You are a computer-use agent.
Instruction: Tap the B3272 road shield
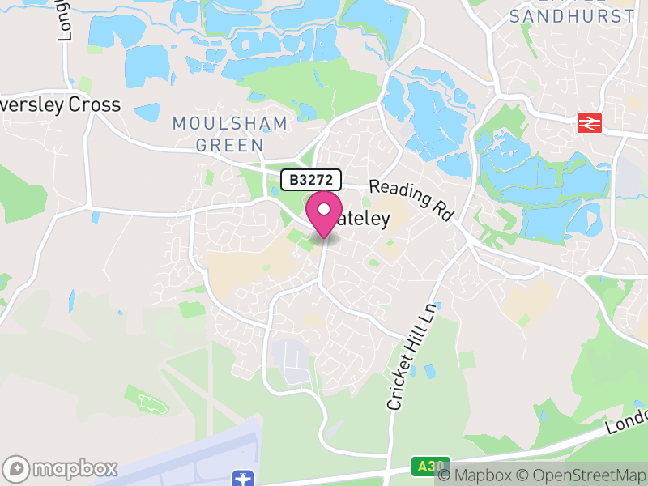click(x=311, y=180)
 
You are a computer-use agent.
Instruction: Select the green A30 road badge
click(x=424, y=467)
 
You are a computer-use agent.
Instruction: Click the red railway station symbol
click(x=589, y=123)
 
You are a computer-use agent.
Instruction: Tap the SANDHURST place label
click(x=573, y=16)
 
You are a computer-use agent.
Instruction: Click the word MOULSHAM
click(x=230, y=124)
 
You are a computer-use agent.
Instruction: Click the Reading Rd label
click(x=411, y=200)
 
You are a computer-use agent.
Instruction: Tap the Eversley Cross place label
click(x=61, y=105)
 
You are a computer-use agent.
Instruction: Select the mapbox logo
click(x=62, y=468)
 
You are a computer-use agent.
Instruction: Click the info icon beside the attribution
click(x=444, y=475)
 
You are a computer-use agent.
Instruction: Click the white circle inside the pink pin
click(x=324, y=209)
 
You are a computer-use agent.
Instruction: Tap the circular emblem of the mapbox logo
click(x=16, y=468)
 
